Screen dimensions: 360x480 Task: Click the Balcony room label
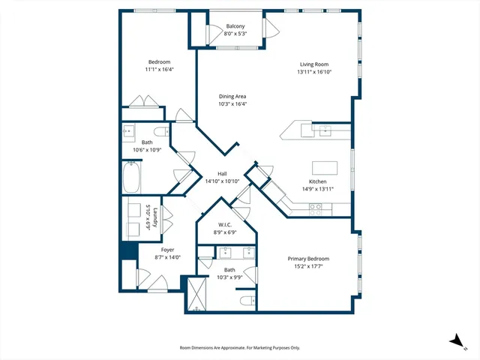point(235,26)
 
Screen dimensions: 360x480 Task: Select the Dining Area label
point(232,96)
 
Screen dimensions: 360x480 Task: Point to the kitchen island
point(324,167)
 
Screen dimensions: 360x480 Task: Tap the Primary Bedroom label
point(308,259)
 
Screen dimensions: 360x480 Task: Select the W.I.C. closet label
point(224,224)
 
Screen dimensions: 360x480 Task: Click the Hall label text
point(222,173)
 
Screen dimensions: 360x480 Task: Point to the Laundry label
point(155,217)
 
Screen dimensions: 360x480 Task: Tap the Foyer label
point(168,250)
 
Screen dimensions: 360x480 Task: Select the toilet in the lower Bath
point(244,301)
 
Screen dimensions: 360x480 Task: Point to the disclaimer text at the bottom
point(239,348)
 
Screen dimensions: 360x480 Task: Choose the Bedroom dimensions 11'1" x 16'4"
point(159,69)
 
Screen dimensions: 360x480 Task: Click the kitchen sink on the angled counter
point(324,130)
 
